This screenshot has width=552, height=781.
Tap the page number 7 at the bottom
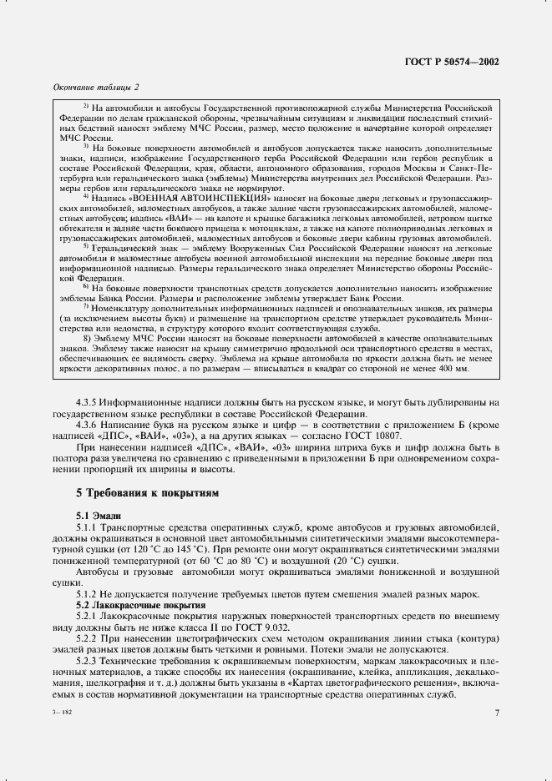tap(496, 713)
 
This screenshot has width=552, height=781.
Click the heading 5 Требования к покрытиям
tap(147, 494)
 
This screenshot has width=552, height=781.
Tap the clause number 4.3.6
tap(89, 425)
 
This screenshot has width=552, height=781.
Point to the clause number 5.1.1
tap(89, 528)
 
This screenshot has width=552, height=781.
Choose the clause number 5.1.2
tap(89, 594)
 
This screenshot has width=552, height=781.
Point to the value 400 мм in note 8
tap(453, 368)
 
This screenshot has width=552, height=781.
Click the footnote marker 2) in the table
tap(86, 107)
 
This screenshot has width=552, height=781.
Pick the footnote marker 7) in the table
tap(86, 309)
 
